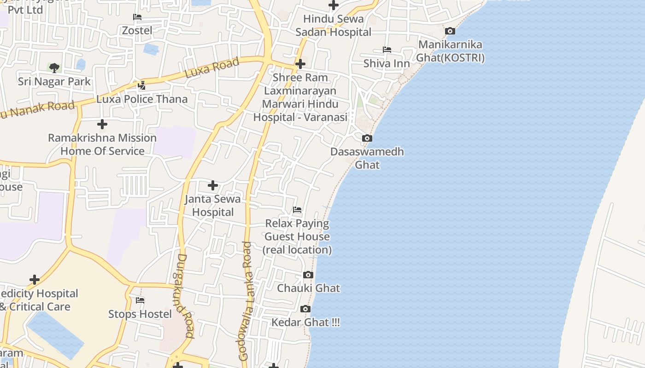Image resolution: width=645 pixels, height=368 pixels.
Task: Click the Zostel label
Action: pos(137,30)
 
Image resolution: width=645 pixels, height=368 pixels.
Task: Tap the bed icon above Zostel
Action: pos(137,17)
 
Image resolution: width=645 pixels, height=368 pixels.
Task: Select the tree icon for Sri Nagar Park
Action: pos(54,68)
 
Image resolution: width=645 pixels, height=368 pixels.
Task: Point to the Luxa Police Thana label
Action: pos(142,99)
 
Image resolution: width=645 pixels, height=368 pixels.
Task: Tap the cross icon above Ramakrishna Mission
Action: pos(102,124)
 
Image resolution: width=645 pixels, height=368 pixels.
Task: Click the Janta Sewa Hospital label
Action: pos(212,206)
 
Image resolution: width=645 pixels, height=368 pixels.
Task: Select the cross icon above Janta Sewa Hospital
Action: pos(212,185)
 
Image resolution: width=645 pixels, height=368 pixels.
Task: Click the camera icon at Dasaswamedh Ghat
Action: pos(367,138)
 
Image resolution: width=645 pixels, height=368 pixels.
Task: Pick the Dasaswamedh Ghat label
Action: pos(367,158)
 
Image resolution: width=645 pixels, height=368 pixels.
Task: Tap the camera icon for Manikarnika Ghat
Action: pos(450,31)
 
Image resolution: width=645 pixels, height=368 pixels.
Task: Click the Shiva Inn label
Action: pos(387,63)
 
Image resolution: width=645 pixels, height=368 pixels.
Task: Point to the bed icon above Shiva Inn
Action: pos(387,50)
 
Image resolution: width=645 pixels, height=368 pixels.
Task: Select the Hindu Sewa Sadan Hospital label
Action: pos(333,25)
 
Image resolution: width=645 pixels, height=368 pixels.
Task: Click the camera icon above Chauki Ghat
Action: pos(308,275)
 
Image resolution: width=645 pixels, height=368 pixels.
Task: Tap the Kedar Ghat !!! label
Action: pos(305,322)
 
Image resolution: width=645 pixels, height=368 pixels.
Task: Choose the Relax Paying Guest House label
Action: pos(297,236)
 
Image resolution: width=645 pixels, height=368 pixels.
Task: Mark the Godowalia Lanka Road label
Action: pos(246,301)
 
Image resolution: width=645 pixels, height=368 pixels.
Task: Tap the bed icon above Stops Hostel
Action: pos(140,300)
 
